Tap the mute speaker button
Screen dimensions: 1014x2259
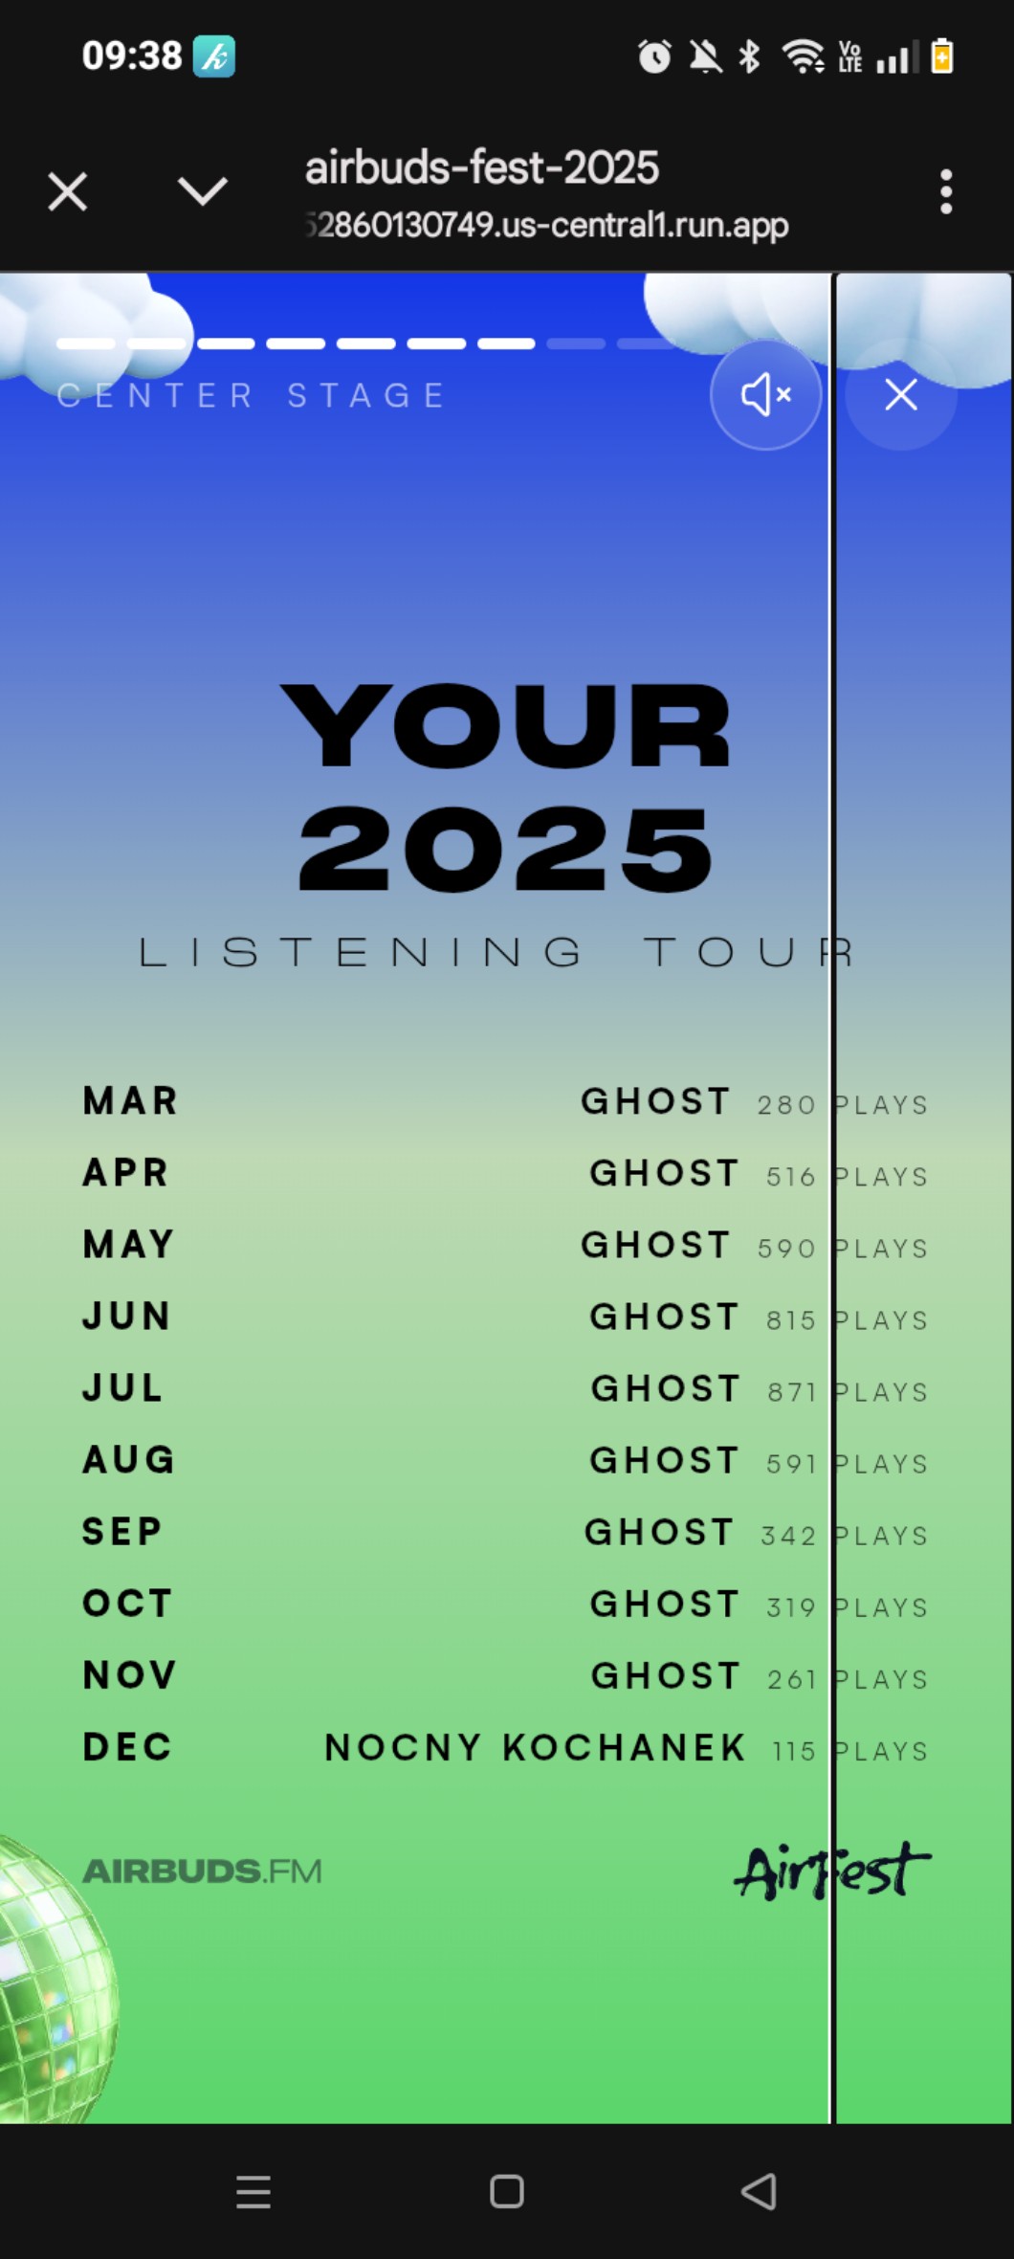coord(765,394)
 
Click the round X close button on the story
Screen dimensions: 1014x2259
coord(901,394)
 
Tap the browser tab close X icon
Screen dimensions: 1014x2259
coord(68,191)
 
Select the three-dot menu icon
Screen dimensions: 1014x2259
coord(946,191)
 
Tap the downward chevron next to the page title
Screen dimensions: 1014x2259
coord(203,191)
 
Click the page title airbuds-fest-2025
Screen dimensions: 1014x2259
coord(481,167)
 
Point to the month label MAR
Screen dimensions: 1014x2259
coord(130,1101)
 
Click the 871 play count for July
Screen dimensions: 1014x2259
coord(791,1391)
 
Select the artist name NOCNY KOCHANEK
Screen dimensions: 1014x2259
coord(535,1747)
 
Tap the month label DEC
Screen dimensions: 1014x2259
coord(127,1747)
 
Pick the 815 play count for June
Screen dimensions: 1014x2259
coord(790,1319)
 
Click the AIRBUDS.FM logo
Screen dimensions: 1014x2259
coord(202,1871)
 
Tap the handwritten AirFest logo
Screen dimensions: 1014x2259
coord(831,1871)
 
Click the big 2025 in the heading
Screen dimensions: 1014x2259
coord(506,848)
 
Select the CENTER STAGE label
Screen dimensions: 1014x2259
coord(252,395)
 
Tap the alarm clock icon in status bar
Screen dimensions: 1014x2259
coord(654,56)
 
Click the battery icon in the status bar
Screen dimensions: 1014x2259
coord(942,55)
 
